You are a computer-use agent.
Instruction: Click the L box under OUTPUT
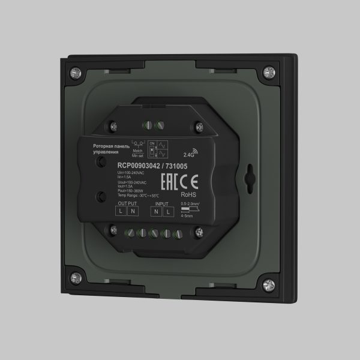coord(121,212)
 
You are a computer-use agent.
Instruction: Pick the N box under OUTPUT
coord(132,212)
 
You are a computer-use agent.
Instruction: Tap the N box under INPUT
coord(157,212)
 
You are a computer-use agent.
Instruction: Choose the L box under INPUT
coord(167,212)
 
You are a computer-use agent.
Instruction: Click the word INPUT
coord(162,204)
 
